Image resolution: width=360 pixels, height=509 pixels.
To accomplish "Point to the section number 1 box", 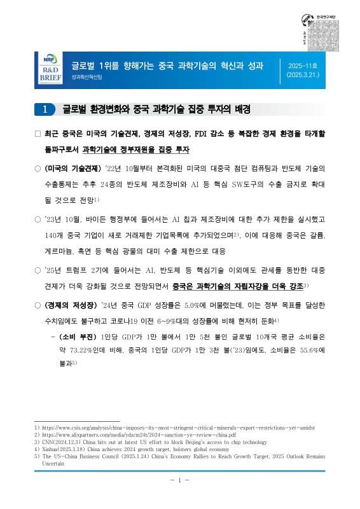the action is (x=44, y=109).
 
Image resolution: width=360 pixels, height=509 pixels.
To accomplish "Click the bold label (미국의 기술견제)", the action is (x=73, y=168).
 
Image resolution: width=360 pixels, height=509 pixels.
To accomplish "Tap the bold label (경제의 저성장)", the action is (x=73, y=305).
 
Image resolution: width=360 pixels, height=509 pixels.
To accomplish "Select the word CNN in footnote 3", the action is (x=49, y=443).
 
